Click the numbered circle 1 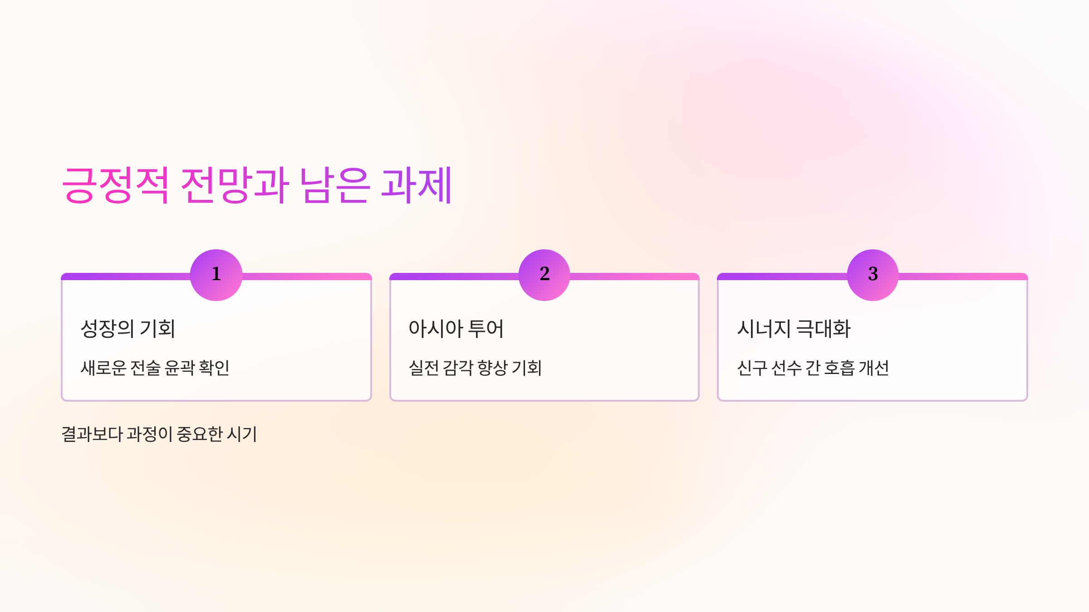(216, 275)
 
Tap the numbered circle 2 (544, 275)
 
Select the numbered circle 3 (873, 275)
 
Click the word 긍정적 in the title (115, 185)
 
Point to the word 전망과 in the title (235, 185)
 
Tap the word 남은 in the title (334, 185)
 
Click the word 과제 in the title (416, 185)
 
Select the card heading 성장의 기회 (128, 329)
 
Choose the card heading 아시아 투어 (456, 329)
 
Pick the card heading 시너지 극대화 (794, 329)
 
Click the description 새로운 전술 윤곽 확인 (155, 368)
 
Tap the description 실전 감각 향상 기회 (476, 368)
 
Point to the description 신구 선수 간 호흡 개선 (813, 368)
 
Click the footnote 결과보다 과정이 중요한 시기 (159, 434)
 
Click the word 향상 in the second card (493, 368)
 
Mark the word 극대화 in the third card (824, 329)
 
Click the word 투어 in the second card (486, 329)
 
